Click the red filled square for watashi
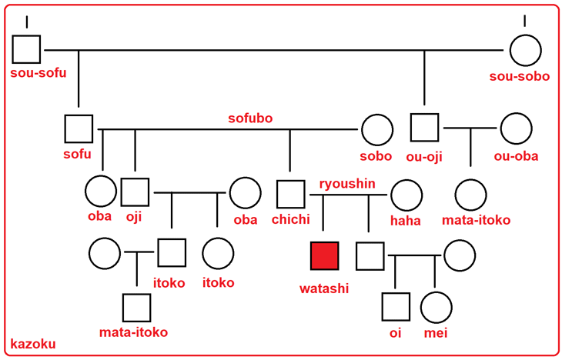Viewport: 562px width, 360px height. pos(324,255)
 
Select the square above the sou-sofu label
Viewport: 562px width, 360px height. pos(27,51)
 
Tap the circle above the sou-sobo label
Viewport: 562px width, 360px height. pos(524,51)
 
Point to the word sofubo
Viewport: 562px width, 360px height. pos(250,118)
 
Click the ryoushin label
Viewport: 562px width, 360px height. pos(348,183)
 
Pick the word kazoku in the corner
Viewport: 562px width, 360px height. pos(32,344)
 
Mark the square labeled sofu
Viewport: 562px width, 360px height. pos(79,128)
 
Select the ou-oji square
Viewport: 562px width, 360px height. pos(424,128)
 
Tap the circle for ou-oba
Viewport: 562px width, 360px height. pos(515,128)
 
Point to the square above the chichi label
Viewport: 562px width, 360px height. pos(290,194)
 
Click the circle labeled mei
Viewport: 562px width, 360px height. pos(435,307)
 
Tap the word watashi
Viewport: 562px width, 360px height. pos(324,288)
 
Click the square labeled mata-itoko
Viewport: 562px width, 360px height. pos(136,308)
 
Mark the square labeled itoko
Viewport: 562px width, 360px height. pos(171,253)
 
